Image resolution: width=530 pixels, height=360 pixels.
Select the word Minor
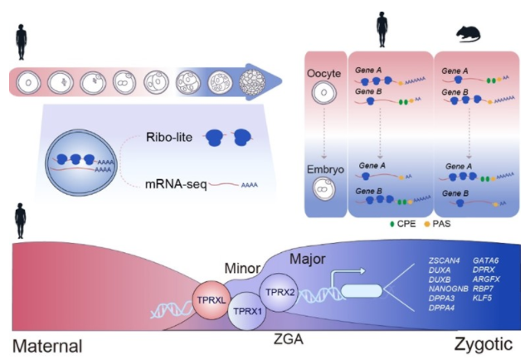[x=246, y=269]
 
